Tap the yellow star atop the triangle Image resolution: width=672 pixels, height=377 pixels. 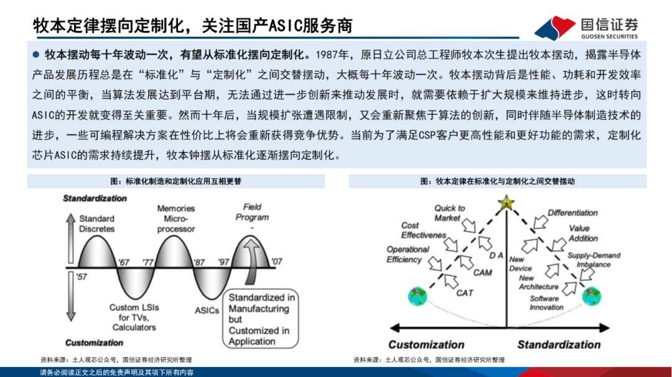click(x=506, y=203)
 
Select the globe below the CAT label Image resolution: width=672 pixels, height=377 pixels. click(x=418, y=296)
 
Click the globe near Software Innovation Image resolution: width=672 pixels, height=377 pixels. click(x=592, y=296)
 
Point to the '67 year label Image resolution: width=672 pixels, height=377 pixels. click(x=123, y=262)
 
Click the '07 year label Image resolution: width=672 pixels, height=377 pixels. click(x=277, y=261)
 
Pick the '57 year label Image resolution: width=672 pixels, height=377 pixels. click(x=82, y=277)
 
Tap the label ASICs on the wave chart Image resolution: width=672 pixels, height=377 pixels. click(x=207, y=311)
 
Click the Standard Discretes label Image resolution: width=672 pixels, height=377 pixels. click(x=97, y=224)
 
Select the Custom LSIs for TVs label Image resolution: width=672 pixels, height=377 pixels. click(x=134, y=317)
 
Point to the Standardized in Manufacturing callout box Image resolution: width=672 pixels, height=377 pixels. click(x=261, y=319)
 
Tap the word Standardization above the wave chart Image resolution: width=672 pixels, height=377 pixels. click(x=95, y=198)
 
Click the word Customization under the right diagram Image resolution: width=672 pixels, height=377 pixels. click(x=426, y=345)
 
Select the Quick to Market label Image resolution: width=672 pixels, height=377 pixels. click(x=449, y=213)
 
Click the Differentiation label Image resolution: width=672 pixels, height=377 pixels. click(x=572, y=212)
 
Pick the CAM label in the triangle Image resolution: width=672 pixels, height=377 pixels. click(x=483, y=273)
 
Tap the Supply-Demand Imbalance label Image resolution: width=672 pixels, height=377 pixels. click(x=594, y=260)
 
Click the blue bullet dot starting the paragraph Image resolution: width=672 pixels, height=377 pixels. click(x=36, y=55)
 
